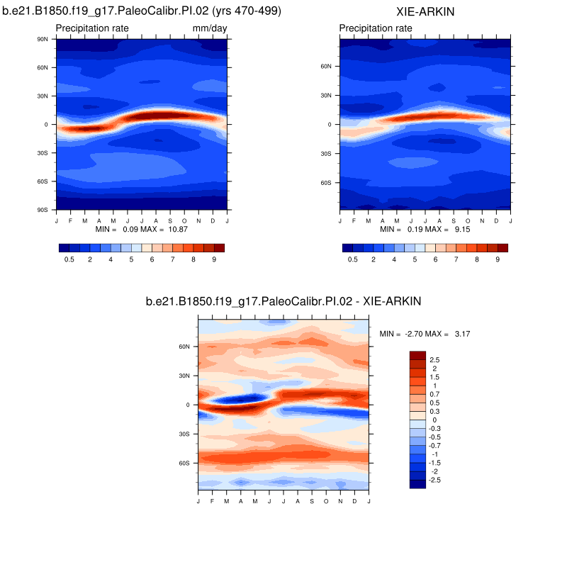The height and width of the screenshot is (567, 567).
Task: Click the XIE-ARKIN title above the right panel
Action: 425,12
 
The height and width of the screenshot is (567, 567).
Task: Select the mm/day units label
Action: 209,28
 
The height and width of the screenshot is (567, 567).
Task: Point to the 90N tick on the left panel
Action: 42,39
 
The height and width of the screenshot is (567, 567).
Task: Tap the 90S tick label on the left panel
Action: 42,210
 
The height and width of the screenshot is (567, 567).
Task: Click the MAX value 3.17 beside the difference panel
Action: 461,333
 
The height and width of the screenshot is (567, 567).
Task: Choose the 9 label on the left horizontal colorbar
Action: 213,260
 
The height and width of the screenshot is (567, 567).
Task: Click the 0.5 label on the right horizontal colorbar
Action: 352,260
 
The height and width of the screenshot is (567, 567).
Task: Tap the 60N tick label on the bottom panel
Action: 184,347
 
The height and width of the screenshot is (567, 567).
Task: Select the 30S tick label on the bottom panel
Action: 184,434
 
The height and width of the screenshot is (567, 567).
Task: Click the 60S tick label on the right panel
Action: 326,183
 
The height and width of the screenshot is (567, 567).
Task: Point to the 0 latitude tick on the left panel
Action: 45,124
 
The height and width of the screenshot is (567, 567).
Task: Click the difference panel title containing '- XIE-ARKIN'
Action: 283,301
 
